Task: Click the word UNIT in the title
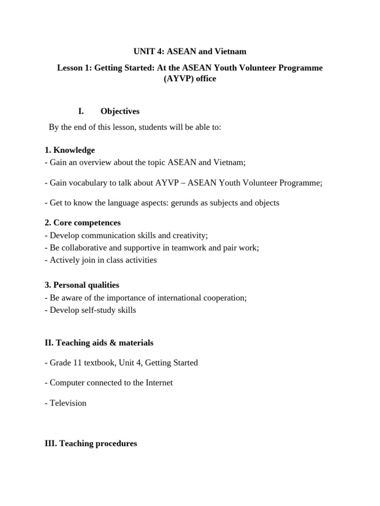click(144, 51)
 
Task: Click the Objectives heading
click(120, 111)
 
